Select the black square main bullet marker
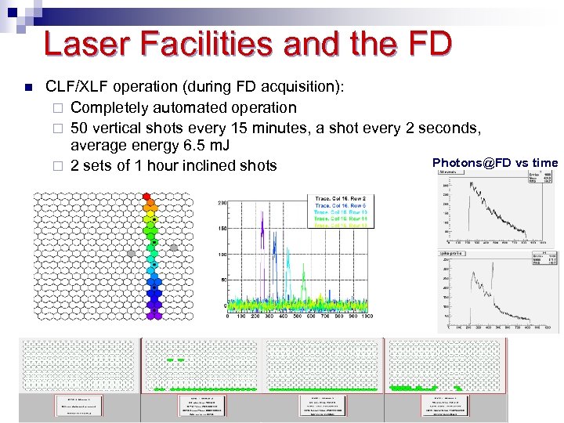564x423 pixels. point(27,88)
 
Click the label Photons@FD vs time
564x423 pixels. point(495,162)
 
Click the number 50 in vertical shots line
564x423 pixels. point(79,127)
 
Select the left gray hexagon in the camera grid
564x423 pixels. point(132,253)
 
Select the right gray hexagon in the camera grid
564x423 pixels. point(174,248)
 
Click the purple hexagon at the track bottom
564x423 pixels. point(157,314)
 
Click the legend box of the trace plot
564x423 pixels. point(342,211)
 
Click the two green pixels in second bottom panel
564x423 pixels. point(175,360)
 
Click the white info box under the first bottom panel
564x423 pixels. point(79,405)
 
